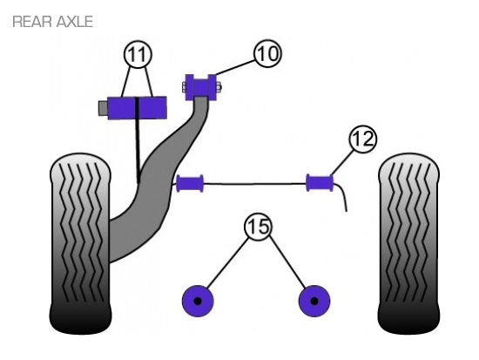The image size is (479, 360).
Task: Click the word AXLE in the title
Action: tap(75, 22)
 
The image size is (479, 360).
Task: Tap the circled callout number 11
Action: tap(138, 54)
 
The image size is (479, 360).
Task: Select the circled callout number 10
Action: tap(267, 53)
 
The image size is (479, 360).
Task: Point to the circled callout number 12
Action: tap(363, 139)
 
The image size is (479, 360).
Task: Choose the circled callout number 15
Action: tap(258, 227)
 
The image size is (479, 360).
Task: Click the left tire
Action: tap(80, 243)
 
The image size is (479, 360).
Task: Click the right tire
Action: tap(408, 243)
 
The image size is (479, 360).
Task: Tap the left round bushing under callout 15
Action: tap(198, 301)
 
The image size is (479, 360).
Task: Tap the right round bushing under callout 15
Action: tap(314, 301)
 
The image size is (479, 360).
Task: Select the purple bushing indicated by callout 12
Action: tap(320, 182)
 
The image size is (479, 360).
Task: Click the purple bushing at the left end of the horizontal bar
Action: tap(190, 183)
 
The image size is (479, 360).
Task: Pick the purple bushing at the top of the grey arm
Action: tap(200, 87)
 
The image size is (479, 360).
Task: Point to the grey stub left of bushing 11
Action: tap(104, 108)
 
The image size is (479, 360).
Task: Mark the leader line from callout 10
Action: tap(236, 67)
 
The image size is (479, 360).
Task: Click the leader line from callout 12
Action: tap(342, 162)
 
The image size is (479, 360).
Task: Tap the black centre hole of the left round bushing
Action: tap(198, 301)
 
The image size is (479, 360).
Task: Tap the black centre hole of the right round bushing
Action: tap(314, 301)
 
